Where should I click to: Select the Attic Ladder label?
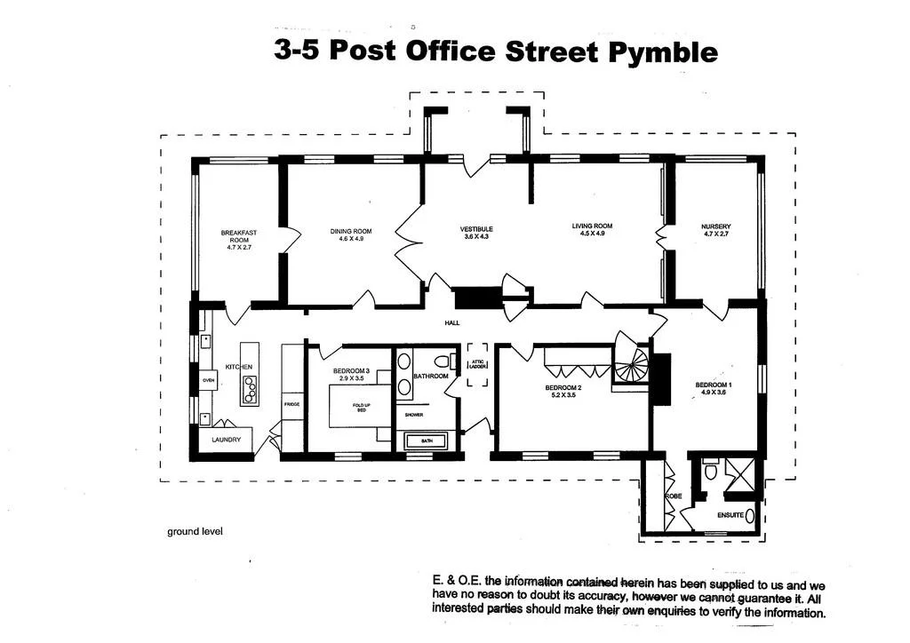point(477,364)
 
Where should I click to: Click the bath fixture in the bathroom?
point(427,441)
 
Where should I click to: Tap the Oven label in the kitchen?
point(208,380)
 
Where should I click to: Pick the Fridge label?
point(292,404)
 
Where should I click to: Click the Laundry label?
point(226,440)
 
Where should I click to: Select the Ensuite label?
point(730,514)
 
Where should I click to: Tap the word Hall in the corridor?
point(451,323)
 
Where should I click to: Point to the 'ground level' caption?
point(195,531)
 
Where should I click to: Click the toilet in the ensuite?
point(710,471)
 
